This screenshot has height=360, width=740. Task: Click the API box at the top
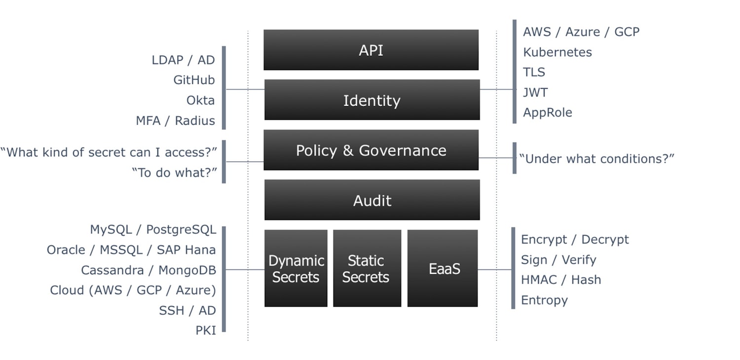pyautogui.click(x=371, y=50)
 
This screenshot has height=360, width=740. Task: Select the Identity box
pyautogui.click(x=372, y=100)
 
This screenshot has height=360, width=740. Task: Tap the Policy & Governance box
pyautogui.click(x=371, y=150)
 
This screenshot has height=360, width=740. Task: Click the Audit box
pyautogui.click(x=372, y=200)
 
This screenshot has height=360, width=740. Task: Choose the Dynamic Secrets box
pyautogui.click(x=296, y=268)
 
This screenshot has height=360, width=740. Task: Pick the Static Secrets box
pyautogui.click(x=367, y=268)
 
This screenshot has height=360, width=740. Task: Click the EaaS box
pyautogui.click(x=443, y=268)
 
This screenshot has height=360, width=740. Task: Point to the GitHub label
pyautogui.click(x=194, y=80)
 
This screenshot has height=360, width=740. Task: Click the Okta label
pyautogui.click(x=200, y=100)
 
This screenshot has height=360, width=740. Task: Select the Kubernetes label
pyautogui.click(x=557, y=52)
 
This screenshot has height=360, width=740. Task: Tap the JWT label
pyautogui.click(x=535, y=92)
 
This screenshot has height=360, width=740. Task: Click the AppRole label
pyautogui.click(x=548, y=112)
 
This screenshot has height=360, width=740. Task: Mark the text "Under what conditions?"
pyautogui.click(x=596, y=159)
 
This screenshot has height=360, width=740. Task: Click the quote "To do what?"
pyautogui.click(x=175, y=173)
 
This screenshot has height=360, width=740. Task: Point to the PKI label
pyautogui.click(x=206, y=330)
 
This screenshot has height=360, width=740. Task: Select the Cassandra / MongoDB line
pyautogui.click(x=148, y=270)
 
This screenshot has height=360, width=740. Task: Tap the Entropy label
pyautogui.click(x=544, y=300)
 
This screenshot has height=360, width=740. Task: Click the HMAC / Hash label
pyautogui.click(x=561, y=280)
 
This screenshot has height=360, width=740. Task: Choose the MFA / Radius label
pyautogui.click(x=176, y=120)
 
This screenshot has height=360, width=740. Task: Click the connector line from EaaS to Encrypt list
pyautogui.click(x=495, y=270)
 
